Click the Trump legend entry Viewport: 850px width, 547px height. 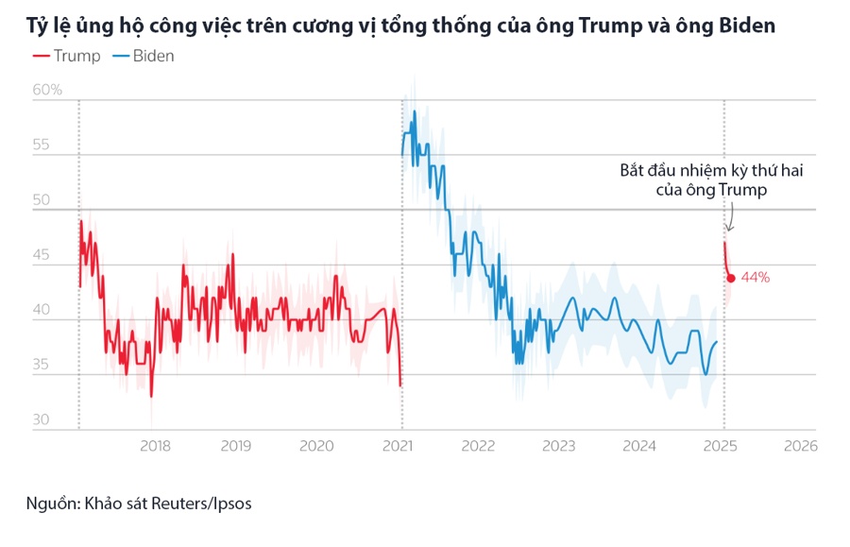pyautogui.click(x=66, y=56)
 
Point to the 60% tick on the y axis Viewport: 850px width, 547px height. pyautogui.click(x=46, y=91)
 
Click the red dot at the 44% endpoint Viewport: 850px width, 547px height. pyautogui.click(x=731, y=278)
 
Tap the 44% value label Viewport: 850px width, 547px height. pyautogui.click(x=756, y=278)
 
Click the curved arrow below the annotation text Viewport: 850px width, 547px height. pyautogui.click(x=729, y=219)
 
